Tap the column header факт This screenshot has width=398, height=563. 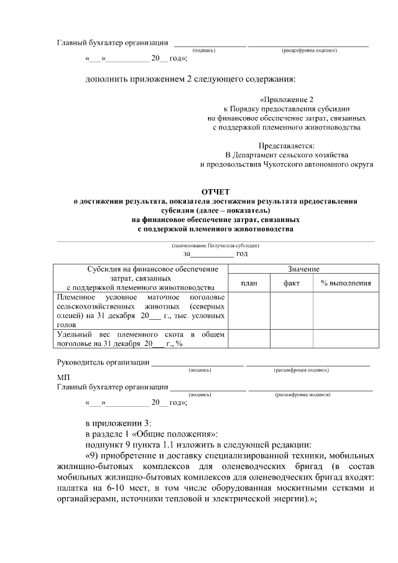(x=291, y=283)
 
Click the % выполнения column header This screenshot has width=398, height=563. (x=346, y=283)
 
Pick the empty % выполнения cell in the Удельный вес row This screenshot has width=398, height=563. (x=346, y=339)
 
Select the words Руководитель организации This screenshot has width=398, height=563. (x=103, y=362)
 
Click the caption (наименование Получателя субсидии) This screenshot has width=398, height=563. (x=215, y=246)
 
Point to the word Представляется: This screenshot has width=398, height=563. (x=287, y=145)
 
